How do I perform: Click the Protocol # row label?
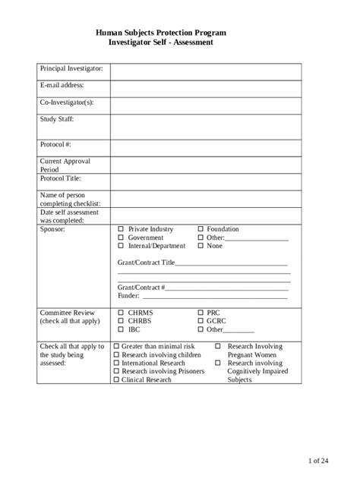pyautogui.click(x=55, y=145)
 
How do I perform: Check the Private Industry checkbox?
pyautogui.click(x=120, y=229)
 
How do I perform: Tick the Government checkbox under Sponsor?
pyautogui.click(x=120, y=237)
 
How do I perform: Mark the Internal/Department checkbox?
pyautogui.click(x=120, y=246)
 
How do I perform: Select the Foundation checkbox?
pyautogui.click(x=201, y=229)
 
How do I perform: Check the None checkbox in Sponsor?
pyautogui.click(x=201, y=246)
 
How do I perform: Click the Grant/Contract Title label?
pyautogui.click(x=146, y=263)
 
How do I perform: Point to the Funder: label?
pyautogui.click(x=129, y=296)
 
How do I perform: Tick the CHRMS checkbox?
pyautogui.click(x=120, y=313)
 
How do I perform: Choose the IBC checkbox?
pyautogui.click(x=120, y=329)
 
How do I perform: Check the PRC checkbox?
pyautogui.click(x=201, y=313)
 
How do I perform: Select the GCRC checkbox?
pyautogui.click(x=201, y=321)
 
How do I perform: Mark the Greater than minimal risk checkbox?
pyautogui.click(x=116, y=347)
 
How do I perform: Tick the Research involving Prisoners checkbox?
pyautogui.click(x=116, y=372)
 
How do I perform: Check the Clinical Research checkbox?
pyautogui.click(x=116, y=380)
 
